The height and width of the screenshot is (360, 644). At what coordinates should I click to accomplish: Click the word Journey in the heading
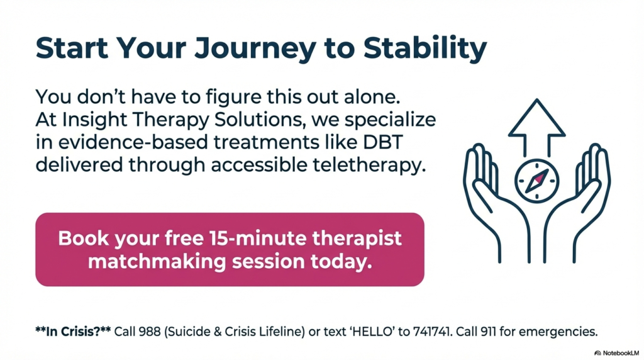255,49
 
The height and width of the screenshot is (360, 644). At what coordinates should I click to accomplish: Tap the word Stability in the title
425,49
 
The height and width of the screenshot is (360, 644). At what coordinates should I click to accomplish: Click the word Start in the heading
72,48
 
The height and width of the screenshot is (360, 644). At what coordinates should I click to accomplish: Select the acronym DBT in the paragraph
383,142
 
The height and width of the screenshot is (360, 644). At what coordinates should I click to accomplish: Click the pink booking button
230,249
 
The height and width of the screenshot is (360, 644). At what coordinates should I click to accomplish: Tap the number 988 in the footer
150,331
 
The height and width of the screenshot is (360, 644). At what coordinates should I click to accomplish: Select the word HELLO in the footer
370,331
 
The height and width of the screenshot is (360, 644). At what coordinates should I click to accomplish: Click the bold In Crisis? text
73,331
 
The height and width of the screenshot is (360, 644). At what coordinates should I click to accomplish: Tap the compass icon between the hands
537,181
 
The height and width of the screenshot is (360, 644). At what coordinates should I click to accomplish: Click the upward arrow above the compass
537,127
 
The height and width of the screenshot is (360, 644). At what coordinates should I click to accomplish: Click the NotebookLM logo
616,353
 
